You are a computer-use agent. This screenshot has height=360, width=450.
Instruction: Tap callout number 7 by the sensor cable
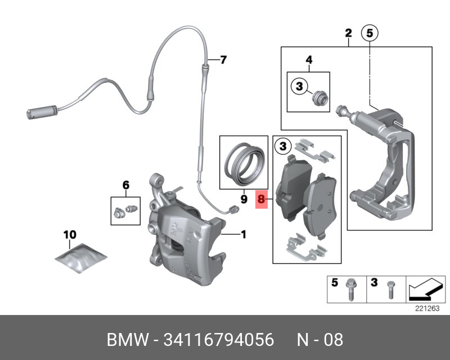pyautogui.click(x=223, y=60)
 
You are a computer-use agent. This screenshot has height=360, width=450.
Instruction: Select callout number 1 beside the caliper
pyautogui.click(x=243, y=234)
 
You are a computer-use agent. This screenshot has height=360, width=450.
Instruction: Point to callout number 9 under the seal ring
pyautogui.click(x=244, y=199)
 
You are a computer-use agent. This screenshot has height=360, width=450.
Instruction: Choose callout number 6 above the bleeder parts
pyautogui.click(x=125, y=184)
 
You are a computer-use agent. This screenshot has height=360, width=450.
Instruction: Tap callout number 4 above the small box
pyautogui.click(x=308, y=60)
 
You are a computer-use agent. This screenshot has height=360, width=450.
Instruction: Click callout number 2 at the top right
pyautogui.click(x=348, y=33)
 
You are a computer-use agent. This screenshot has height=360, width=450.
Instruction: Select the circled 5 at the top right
pyautogui.click(x=369, y=33)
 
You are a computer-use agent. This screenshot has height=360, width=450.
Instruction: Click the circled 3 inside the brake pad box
pyautogui.click(x=283, y=147)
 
